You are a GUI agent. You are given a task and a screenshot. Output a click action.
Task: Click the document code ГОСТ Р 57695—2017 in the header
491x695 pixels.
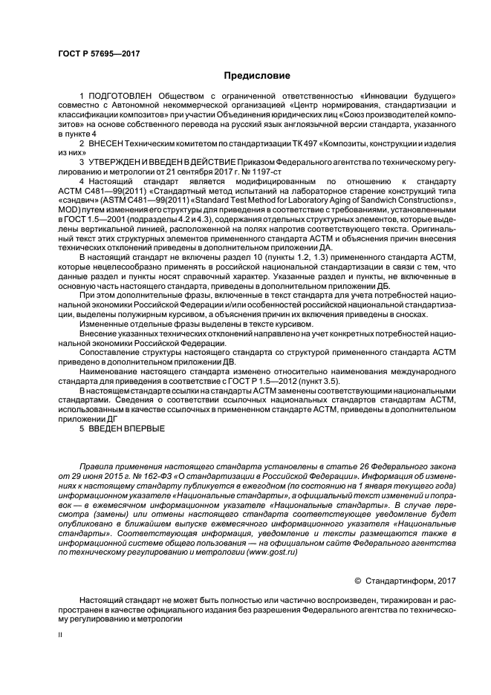99,53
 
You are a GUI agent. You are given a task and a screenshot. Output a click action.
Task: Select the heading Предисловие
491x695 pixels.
256,76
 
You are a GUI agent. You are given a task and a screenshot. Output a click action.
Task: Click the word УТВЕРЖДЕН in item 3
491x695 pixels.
118,161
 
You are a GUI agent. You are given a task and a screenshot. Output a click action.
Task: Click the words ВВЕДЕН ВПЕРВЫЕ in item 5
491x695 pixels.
122,428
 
